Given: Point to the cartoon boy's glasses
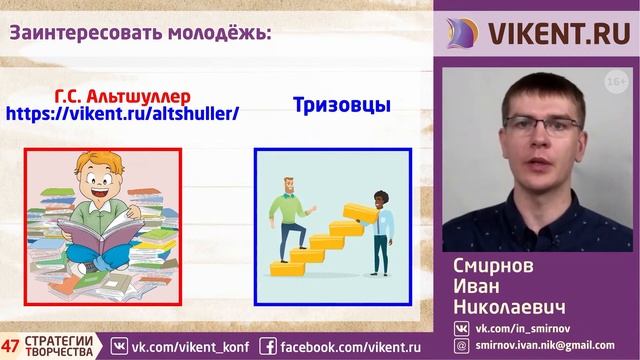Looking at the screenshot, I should coord(100,182).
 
